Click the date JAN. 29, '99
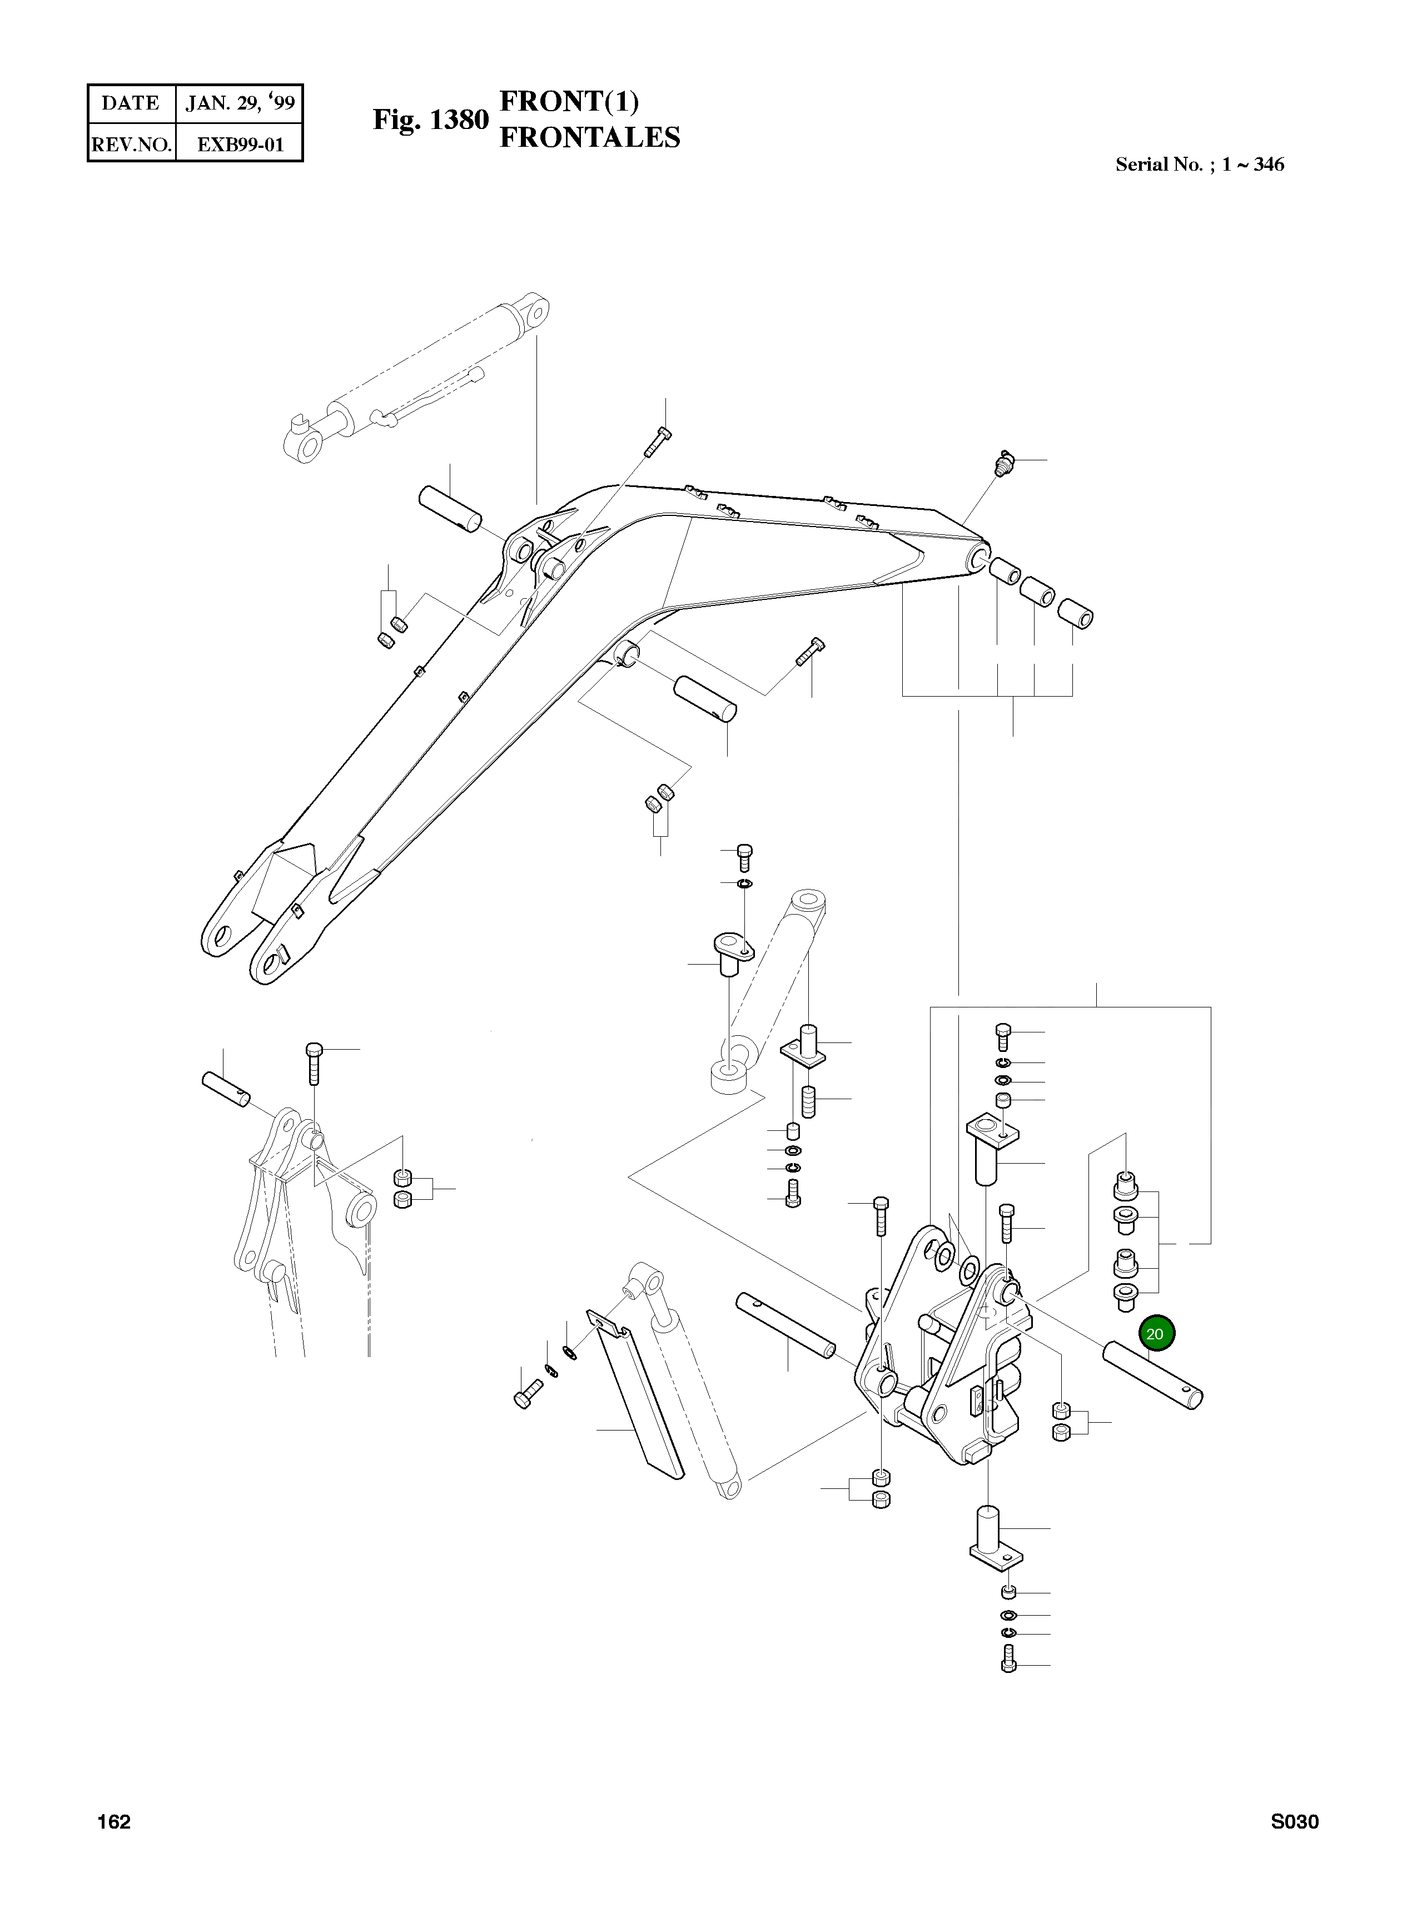(240, 103)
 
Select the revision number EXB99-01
(240, 144)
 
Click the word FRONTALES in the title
(590, 137)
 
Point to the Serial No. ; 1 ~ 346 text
(1199, 165)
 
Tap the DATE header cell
(131, 103)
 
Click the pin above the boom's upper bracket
(450, 508)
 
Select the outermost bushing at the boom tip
(1076, 614)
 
